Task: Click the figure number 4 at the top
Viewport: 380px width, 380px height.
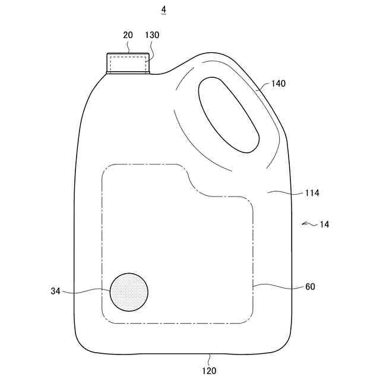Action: (x=164, y=9)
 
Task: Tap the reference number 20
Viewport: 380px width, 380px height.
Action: (x=128, y=35)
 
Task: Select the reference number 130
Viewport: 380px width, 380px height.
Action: (x=152, y=35)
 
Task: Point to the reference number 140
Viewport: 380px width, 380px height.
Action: (x=278, y=84)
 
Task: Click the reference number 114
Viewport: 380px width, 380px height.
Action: (x=312, y=193)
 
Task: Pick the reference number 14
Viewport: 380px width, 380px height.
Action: (x=324, y=224)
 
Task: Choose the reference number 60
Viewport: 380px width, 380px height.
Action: (x=310, y=287)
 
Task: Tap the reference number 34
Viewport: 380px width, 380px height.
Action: (x=55, y=291)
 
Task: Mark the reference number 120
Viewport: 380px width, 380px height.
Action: (x=209, y=370)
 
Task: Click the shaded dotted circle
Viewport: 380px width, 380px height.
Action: (x=129, y=292)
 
